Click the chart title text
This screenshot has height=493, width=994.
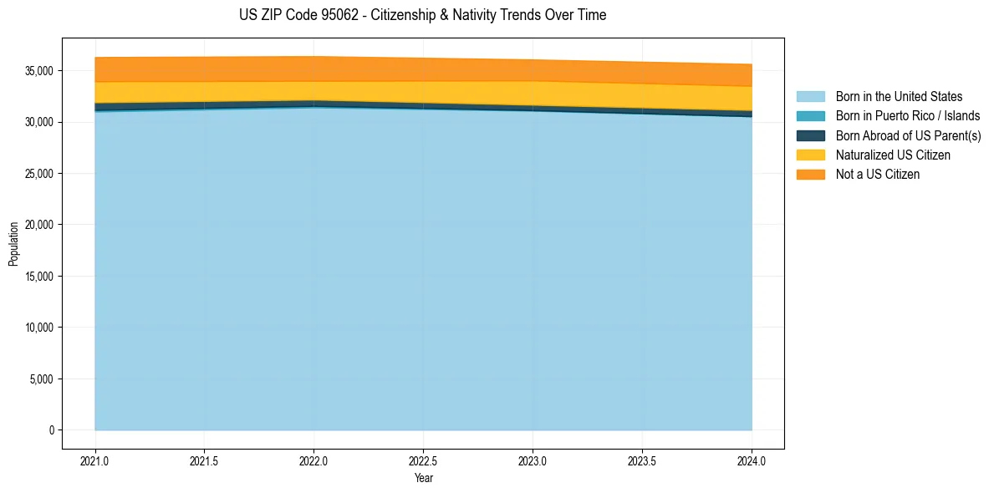(x=422, y=15)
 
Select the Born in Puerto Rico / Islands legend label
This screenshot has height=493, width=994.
(x=908, y=116)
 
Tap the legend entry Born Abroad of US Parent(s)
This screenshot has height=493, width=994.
(x=908, y=135)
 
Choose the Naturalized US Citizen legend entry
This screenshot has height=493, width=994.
(x=893, y=155)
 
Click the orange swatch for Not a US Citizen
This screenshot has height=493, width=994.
(x=810, y=174)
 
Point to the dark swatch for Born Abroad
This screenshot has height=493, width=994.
(x=810, y=135)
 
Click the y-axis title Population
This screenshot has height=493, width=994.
(x=13, y=244)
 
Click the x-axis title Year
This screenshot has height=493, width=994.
(x=423, y=478)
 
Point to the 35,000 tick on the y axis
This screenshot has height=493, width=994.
(x=39, y=71)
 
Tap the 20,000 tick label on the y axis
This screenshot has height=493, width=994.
(x=39, y=225)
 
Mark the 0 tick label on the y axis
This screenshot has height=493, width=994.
(x=50, y=430)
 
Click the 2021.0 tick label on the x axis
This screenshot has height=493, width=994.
(x=94, y=460)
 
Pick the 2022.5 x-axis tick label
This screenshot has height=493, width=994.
(x=423, y=460)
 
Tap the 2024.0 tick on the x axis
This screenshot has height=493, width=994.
(x=752, y=460)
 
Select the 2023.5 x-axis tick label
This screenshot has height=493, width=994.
(x=642, y=460)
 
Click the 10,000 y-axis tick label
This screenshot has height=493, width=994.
(x=39, y=328)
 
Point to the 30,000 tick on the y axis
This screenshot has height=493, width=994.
(x=39, y=122)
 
